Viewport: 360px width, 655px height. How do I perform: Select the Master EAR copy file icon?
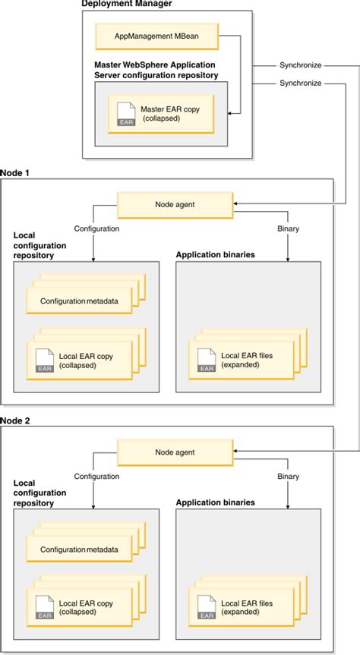click(125, 115)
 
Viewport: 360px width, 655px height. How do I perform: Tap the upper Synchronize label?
click(300, 65)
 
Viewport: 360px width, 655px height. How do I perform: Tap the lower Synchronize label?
click(300, 83)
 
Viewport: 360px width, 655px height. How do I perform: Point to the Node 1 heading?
click(15, 173)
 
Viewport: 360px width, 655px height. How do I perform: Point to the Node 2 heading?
click(15, 420)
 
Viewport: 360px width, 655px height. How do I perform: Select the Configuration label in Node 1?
click(96, 227)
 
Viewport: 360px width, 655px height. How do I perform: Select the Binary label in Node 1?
click(288, 227)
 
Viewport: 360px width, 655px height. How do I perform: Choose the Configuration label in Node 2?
click(96, 476)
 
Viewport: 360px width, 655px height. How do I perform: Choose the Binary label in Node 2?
click(288, 476)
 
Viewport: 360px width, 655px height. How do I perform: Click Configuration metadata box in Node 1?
click(79, 301)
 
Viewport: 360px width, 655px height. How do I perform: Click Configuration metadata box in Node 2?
click(79, 550)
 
